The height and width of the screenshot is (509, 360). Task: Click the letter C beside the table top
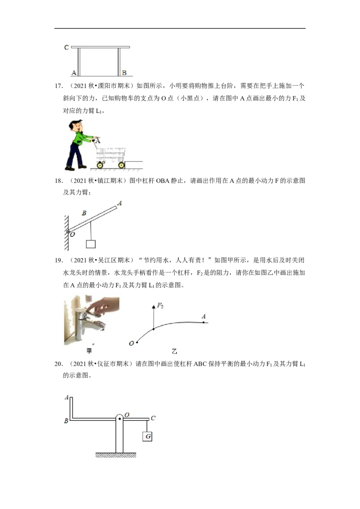[x=66, y=47]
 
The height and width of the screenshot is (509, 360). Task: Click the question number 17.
[x=58, y=86]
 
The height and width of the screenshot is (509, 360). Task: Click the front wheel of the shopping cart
[x=121, y=165]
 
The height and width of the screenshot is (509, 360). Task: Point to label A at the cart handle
[x=98, y=141]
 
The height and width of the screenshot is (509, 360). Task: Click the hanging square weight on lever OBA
[x=90, y=244]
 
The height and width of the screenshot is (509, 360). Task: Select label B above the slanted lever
[x=84, y=213]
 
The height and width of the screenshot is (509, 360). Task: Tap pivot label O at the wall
[x=72, y=234]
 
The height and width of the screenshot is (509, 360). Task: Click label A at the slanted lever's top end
[x=120, y=203]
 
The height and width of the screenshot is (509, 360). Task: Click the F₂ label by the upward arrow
[x=160, y=305]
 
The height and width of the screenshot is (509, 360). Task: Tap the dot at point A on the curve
[x=204, y=322]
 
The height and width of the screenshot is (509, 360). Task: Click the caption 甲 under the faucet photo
[x=89, y=351]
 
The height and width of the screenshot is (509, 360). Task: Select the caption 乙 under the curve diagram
[x=175, y=351]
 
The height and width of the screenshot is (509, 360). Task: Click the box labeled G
[x=148, y=436]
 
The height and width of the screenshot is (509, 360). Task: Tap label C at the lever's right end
[x=153, y=418]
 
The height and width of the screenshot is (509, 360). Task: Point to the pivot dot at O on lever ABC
[x=120, y=419]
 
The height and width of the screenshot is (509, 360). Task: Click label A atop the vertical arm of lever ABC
[x=67, y=397]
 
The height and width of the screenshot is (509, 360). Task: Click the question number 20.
[x=58, y=364]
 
